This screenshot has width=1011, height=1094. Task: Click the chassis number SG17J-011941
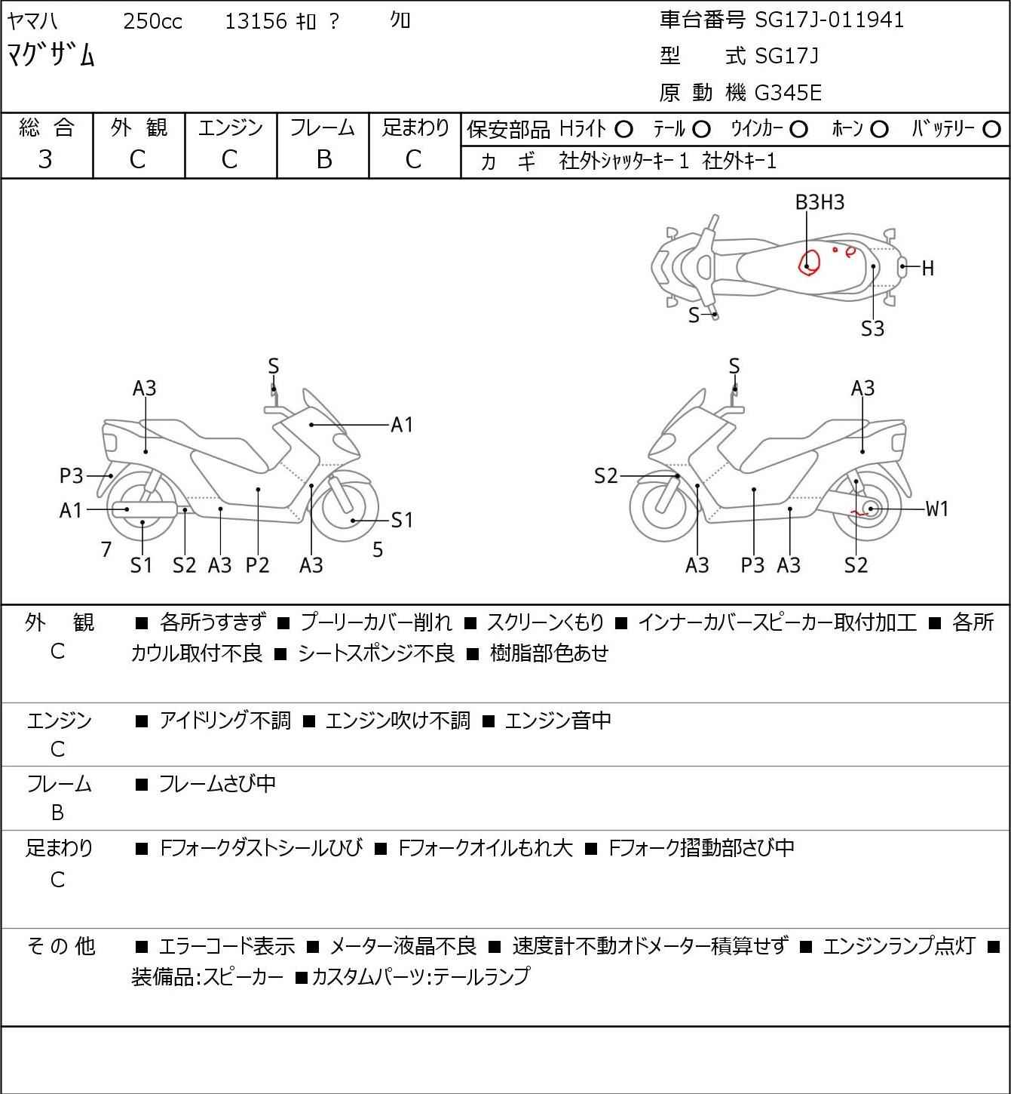tap(829, 20)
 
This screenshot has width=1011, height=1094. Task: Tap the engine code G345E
tap(788, 93)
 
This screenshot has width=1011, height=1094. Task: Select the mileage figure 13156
tap(256, 21)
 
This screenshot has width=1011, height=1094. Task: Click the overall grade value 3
tap(45, 159)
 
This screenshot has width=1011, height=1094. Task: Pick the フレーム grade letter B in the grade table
tap(323, 159)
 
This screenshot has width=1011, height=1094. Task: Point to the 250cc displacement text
tap(152, 21)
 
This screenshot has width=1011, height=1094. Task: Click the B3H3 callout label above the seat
tap(820, 202)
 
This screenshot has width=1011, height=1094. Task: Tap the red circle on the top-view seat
tap(809, 262)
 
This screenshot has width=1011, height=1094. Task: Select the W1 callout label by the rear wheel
tap(937, 509)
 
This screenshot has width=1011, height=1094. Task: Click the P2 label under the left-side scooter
tap(257, 565)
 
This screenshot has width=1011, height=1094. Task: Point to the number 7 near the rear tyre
tap(106, 550)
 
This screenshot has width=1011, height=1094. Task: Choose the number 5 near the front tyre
tap(378, 550)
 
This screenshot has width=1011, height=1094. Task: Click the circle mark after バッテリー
tap(992, 130)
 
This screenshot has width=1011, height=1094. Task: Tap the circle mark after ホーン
tap(879, 130)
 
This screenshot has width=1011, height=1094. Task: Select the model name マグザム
tap(51, 55)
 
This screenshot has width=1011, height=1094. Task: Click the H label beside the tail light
tap(927, 268)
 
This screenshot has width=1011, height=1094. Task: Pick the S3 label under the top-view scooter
tap(872, 329)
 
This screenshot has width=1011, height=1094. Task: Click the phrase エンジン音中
tap(558, 721)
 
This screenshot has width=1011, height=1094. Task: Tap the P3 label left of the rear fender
tap(72, 476)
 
